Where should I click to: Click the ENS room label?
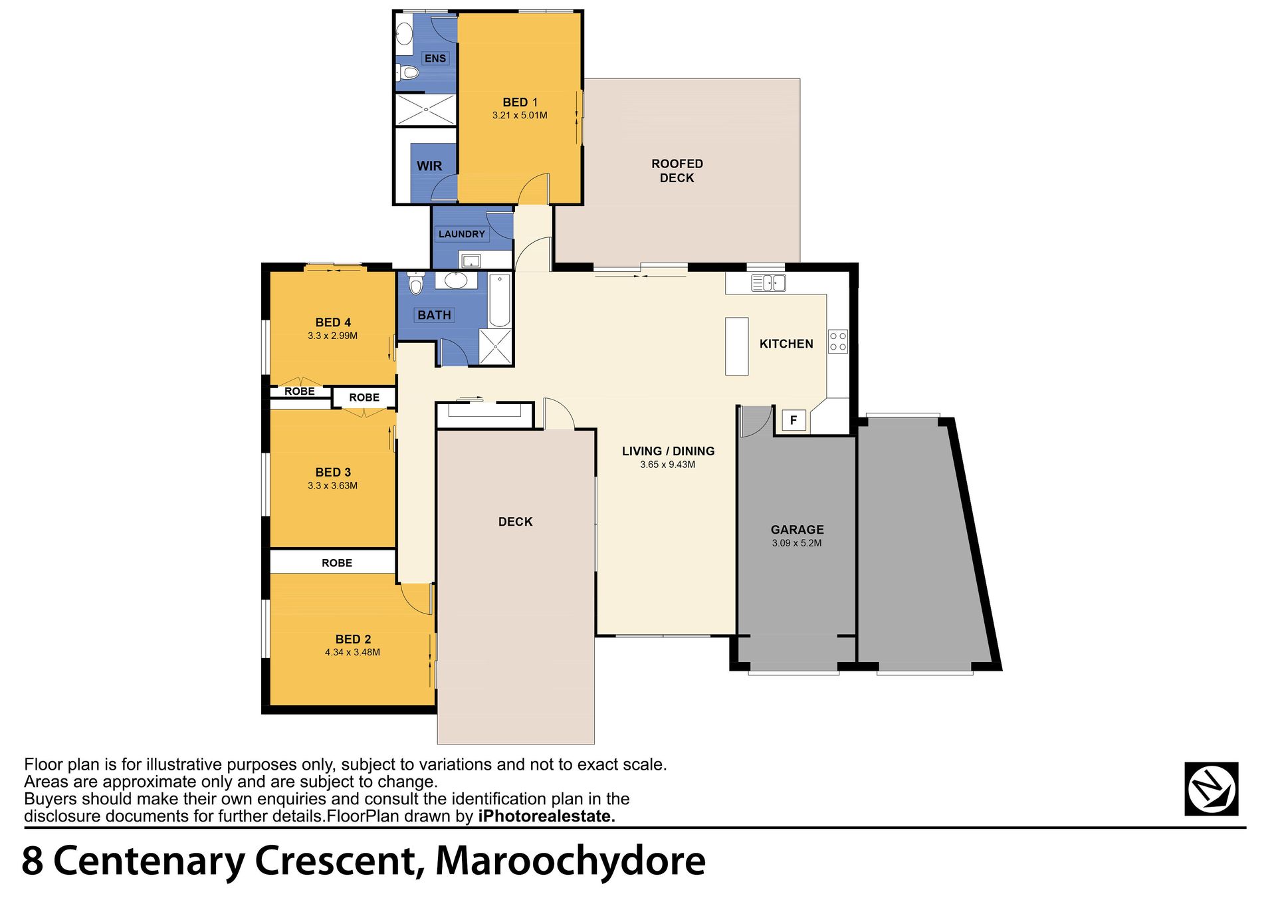click(x=435, y=58)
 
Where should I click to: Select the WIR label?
click(x=429, y=166)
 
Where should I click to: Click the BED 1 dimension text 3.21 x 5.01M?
click(x=520, y=116)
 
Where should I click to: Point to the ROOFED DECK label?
click(x=677, y=171)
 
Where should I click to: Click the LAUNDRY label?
click(x=462, y=234)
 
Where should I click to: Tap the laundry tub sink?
click(x=471, y=261)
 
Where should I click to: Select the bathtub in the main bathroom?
click(x=499, y=300)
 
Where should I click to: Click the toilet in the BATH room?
click(x=416, y=283)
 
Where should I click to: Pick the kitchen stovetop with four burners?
click(x=838, y=342)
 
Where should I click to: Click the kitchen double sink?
click(x=768, y=283)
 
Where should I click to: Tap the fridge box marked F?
click(x=794, y=420)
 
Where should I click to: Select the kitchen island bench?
click(x=736, y=346)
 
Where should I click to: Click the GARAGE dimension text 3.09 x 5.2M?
click(x=797, y=543)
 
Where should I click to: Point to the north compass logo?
click(x=1211, y=789)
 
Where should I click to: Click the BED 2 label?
click(x=353, y=639)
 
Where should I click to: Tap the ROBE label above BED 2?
click(x=337, y=563)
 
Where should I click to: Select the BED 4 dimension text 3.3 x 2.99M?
click(x=332, y=336)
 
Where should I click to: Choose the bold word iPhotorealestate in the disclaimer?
click(x=546, y=816)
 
